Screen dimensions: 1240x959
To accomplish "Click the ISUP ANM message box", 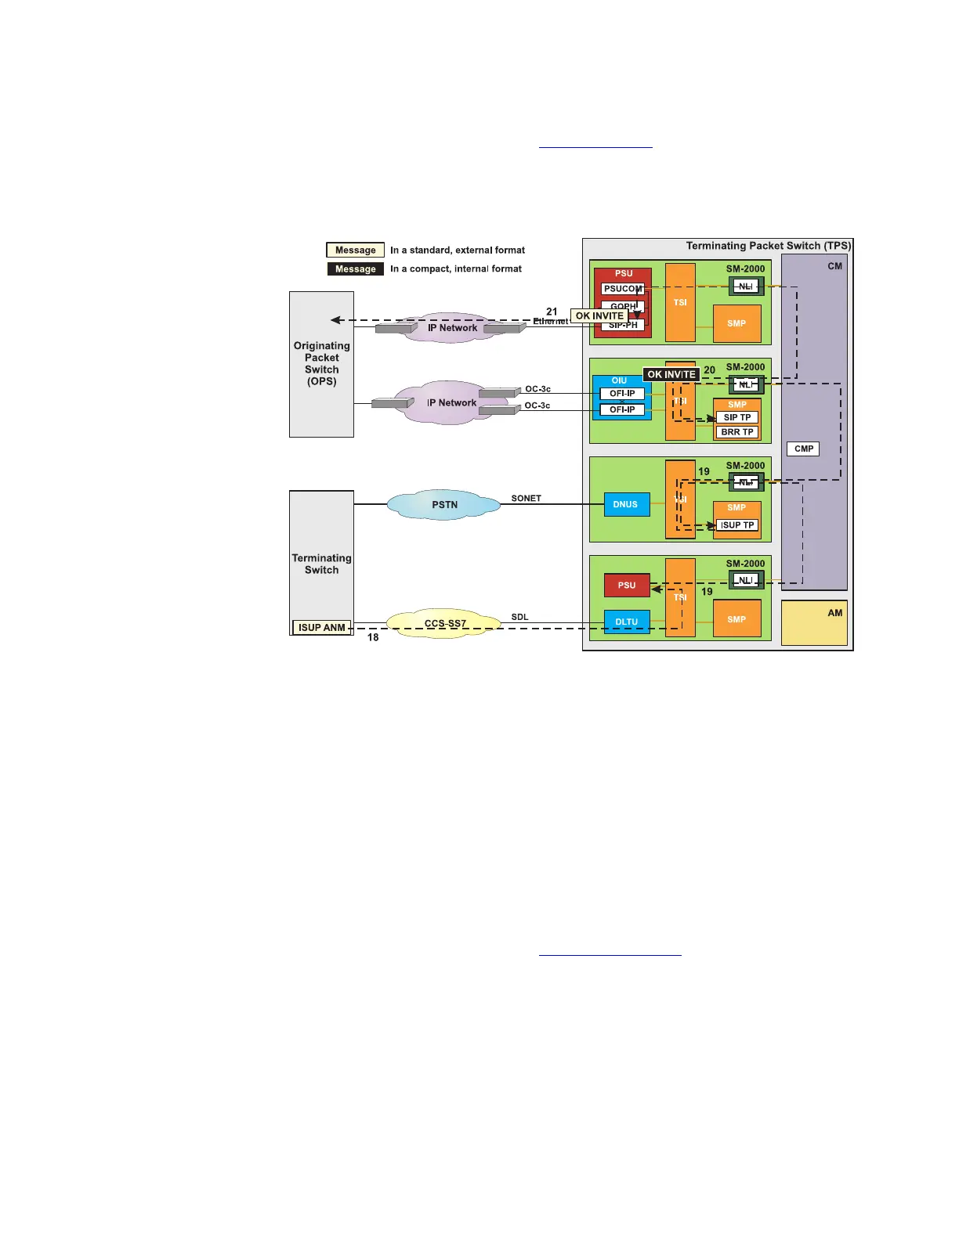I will point(321,628).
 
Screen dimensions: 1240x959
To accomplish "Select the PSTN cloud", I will point(444,505).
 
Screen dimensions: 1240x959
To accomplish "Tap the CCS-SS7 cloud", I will point(445,624).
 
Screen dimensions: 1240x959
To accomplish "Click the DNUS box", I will point(626,504).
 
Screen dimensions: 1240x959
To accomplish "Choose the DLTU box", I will point(626,622).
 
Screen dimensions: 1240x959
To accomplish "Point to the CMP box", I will point(804,449).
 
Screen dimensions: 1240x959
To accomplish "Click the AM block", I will point(814,623).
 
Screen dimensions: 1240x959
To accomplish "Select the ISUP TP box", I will point(737,525).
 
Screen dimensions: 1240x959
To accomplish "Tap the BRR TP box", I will point(737,432).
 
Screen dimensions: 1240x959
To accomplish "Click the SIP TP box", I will point(737,417).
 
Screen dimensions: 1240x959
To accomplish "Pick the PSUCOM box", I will point(623,289).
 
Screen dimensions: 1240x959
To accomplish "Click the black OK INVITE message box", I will point(671,375).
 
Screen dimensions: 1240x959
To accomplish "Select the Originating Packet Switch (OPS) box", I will point(321,364).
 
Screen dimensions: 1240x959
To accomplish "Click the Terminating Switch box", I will point(321,563).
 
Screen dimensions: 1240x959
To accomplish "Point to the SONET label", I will point(526,499).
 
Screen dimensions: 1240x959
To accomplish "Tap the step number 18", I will point(373,638).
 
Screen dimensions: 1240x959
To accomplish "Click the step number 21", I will point(552,312).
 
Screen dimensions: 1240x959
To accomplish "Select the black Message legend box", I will point(356,269).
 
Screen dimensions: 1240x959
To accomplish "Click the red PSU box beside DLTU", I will point(626,586).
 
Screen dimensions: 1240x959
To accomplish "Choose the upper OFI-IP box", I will point(622,394).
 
